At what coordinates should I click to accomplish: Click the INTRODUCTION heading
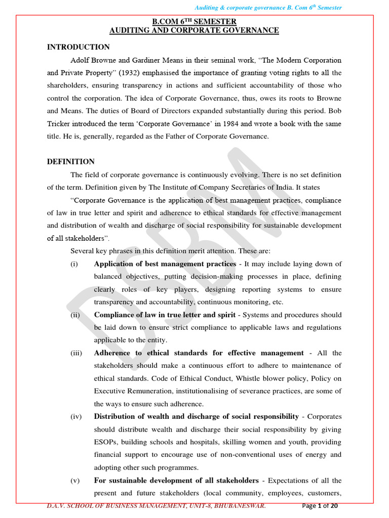pos(79,47)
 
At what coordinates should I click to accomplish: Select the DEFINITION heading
pos(71,162)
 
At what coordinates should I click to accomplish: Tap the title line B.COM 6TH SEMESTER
pos(194,21)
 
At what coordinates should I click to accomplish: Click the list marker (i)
pos(74,264)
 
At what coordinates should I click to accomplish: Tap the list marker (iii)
pos(75,353)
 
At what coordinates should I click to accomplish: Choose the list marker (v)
pos(75,481)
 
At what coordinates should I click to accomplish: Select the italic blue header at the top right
pos(268,8)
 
